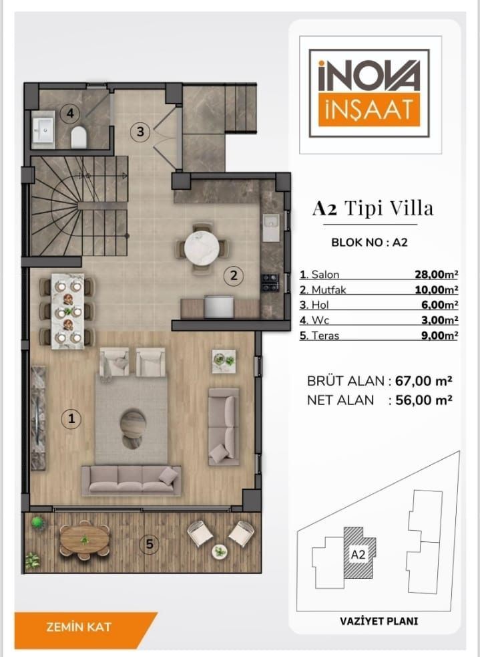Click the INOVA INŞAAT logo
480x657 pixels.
click(x=369, y=93)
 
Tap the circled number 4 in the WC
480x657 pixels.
click(x=70, y=113)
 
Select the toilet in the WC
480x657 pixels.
click(x=79, y=137)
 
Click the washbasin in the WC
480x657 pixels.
click(x=43, y=130)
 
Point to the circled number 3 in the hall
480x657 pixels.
click(x=140, y=132)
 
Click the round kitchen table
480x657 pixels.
click(x=202, y=248)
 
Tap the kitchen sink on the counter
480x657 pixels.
click(x=271, y=227)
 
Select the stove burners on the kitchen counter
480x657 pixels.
click(x=270, y=283)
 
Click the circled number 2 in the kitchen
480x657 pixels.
click(x=234, y=275)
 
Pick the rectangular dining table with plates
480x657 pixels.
click(x=68, y=311)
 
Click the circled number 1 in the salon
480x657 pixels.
click(x=71, y=418)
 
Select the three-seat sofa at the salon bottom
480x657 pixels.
click(x=131, y=481)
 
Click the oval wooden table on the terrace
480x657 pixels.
click(x=85, y=539)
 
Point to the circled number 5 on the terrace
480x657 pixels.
click(x=150, y=544)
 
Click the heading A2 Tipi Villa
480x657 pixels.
click(x=373, y=209)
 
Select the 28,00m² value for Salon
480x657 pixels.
click(x=436, y=275)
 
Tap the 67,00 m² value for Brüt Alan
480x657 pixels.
click(x=423, y=381)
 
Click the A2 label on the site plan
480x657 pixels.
click(x=357, y=554)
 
